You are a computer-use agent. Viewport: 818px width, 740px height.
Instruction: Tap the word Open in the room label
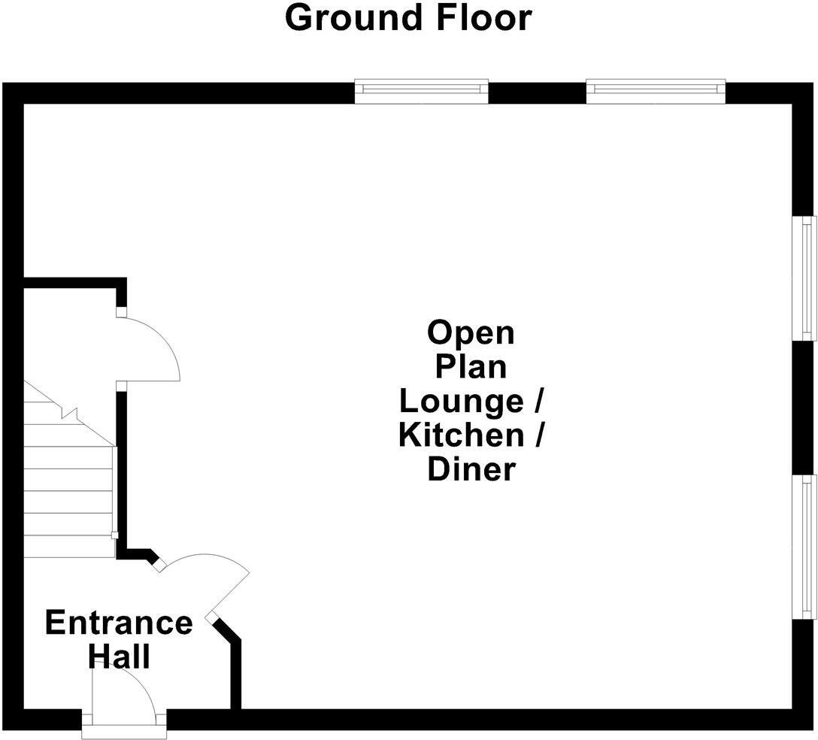[471, 332]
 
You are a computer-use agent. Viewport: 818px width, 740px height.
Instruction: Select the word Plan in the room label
[471, 367]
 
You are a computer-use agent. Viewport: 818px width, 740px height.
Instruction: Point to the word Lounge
[461, 401]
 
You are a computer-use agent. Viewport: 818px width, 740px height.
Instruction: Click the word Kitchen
[460, 435]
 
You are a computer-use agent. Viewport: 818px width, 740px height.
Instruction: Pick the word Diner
[471, 469]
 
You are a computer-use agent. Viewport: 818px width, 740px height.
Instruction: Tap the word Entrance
[119, 623]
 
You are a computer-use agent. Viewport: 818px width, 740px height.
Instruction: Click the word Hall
[119, 657]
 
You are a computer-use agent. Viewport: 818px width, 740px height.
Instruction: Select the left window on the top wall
[421, 91]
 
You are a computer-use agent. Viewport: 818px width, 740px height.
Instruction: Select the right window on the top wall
[656, 91]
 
